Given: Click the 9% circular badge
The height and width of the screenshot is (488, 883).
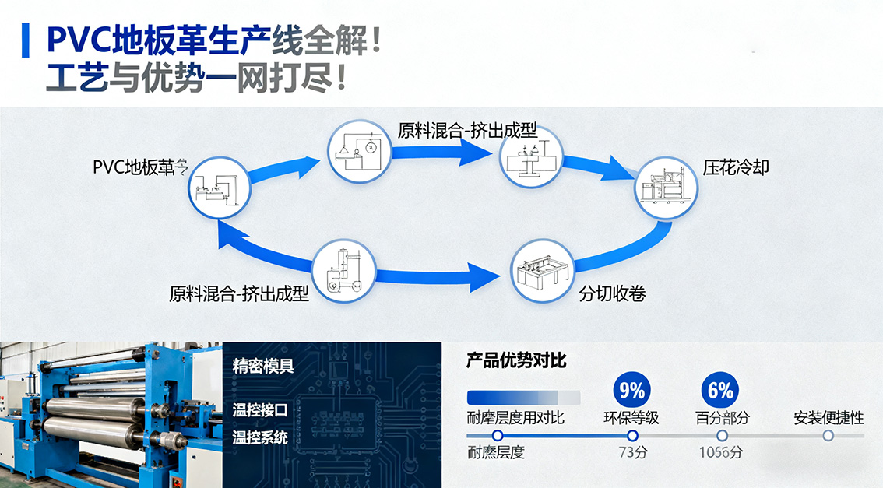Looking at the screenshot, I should [x=631, y=389].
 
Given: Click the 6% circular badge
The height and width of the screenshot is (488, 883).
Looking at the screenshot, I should [x=721, y=389].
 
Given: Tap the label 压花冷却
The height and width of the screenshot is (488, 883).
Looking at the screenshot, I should [x=736, y=167].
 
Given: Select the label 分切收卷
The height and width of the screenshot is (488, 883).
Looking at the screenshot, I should [x=612, y=293].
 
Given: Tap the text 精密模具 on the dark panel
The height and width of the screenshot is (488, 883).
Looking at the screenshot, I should [x=263, y=366].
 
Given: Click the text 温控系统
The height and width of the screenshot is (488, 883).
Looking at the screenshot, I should [x=260, y=437].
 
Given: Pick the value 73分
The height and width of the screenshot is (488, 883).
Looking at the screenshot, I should [x=631, y=452].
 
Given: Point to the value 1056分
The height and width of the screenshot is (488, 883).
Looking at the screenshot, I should [x=720, y=452].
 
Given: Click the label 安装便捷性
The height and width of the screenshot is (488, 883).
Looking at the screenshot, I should [x=828, y=418].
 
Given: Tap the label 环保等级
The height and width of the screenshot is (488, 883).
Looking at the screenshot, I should [x=631, y=418].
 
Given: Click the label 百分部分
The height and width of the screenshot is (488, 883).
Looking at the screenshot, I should [x=722, y=418].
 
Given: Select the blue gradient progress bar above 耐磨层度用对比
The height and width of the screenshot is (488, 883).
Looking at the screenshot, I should [x=523, y=396].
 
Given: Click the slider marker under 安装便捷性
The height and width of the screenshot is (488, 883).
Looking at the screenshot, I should [x=828, y=436].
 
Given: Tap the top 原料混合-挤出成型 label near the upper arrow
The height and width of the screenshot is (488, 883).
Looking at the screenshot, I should [x=467, y=130].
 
